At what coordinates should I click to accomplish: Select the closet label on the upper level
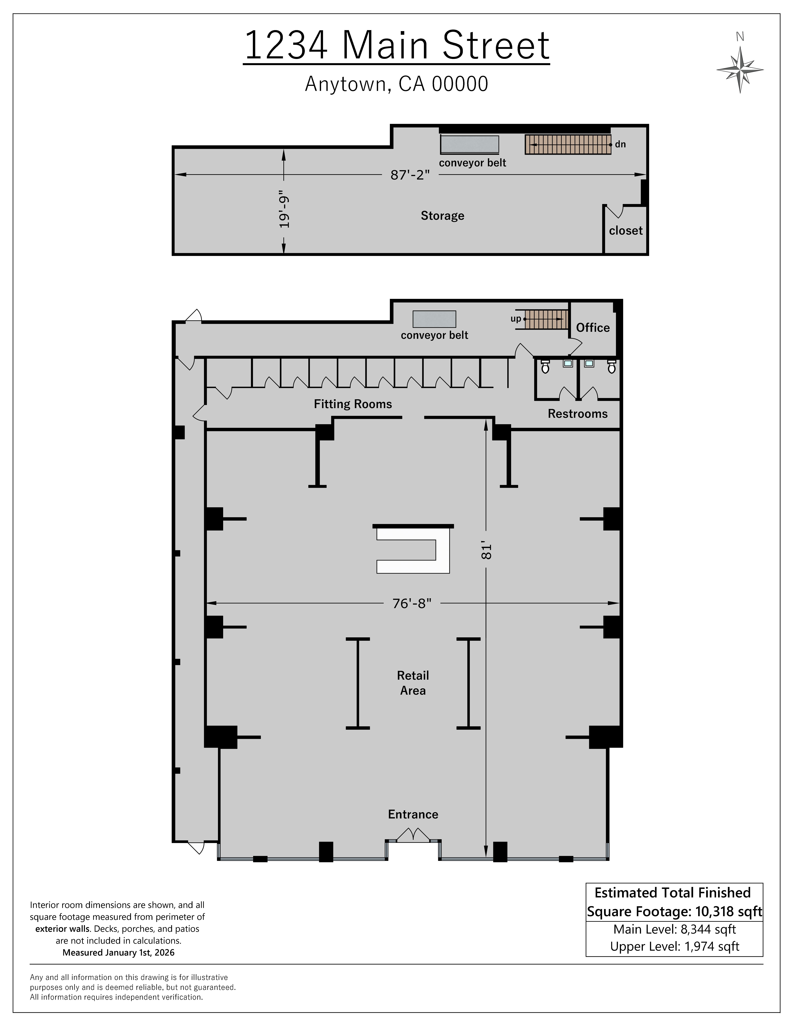click(x=625, y=231)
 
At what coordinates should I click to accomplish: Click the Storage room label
click(x=442, y=216)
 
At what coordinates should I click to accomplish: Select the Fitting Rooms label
click(x=353, y=404)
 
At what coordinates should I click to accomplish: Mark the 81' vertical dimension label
click(x=486, y=551)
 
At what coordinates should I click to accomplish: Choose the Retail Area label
click(x=413, y=683)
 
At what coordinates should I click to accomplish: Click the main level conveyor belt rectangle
click(x=434, y=319)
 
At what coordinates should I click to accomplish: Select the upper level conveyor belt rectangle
click(x=469, y=144)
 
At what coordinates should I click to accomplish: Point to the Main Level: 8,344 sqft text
click(x=674, y=929)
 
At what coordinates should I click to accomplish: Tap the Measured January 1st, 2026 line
click(x=118, y=952)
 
